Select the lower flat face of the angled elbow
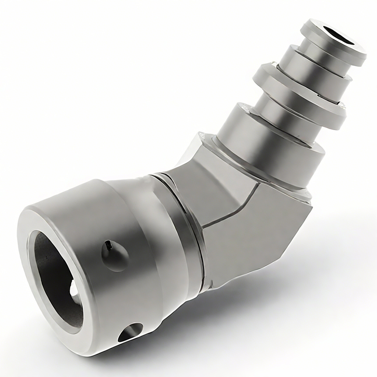(x=254, y=236)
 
